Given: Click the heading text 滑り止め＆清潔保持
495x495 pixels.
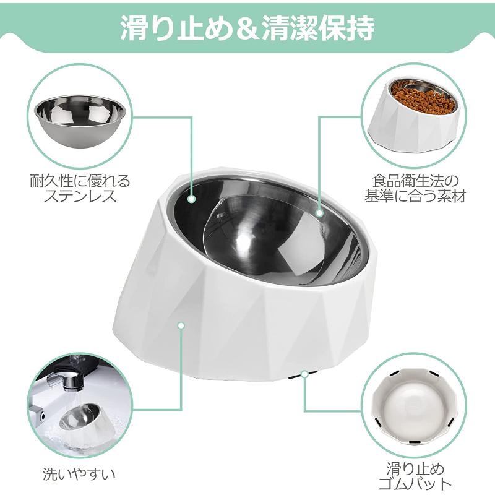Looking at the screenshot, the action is pos(247,28).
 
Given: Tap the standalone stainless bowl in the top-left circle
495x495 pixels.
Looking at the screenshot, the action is pos(80,123).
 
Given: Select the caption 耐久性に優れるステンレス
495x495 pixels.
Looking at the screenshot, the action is pos(80,189).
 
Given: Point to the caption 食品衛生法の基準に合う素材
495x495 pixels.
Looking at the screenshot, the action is pos(415,189).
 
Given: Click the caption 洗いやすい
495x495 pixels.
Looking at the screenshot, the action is pos(79,474).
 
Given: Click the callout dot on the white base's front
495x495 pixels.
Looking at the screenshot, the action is pos(181,325).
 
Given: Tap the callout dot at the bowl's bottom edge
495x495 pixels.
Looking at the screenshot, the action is pos(304,374).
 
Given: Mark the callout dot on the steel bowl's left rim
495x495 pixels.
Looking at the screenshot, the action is pos(191,199).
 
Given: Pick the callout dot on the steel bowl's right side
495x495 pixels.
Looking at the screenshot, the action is pos(319,213).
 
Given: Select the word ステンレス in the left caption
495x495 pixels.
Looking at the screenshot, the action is pos(80,196).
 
